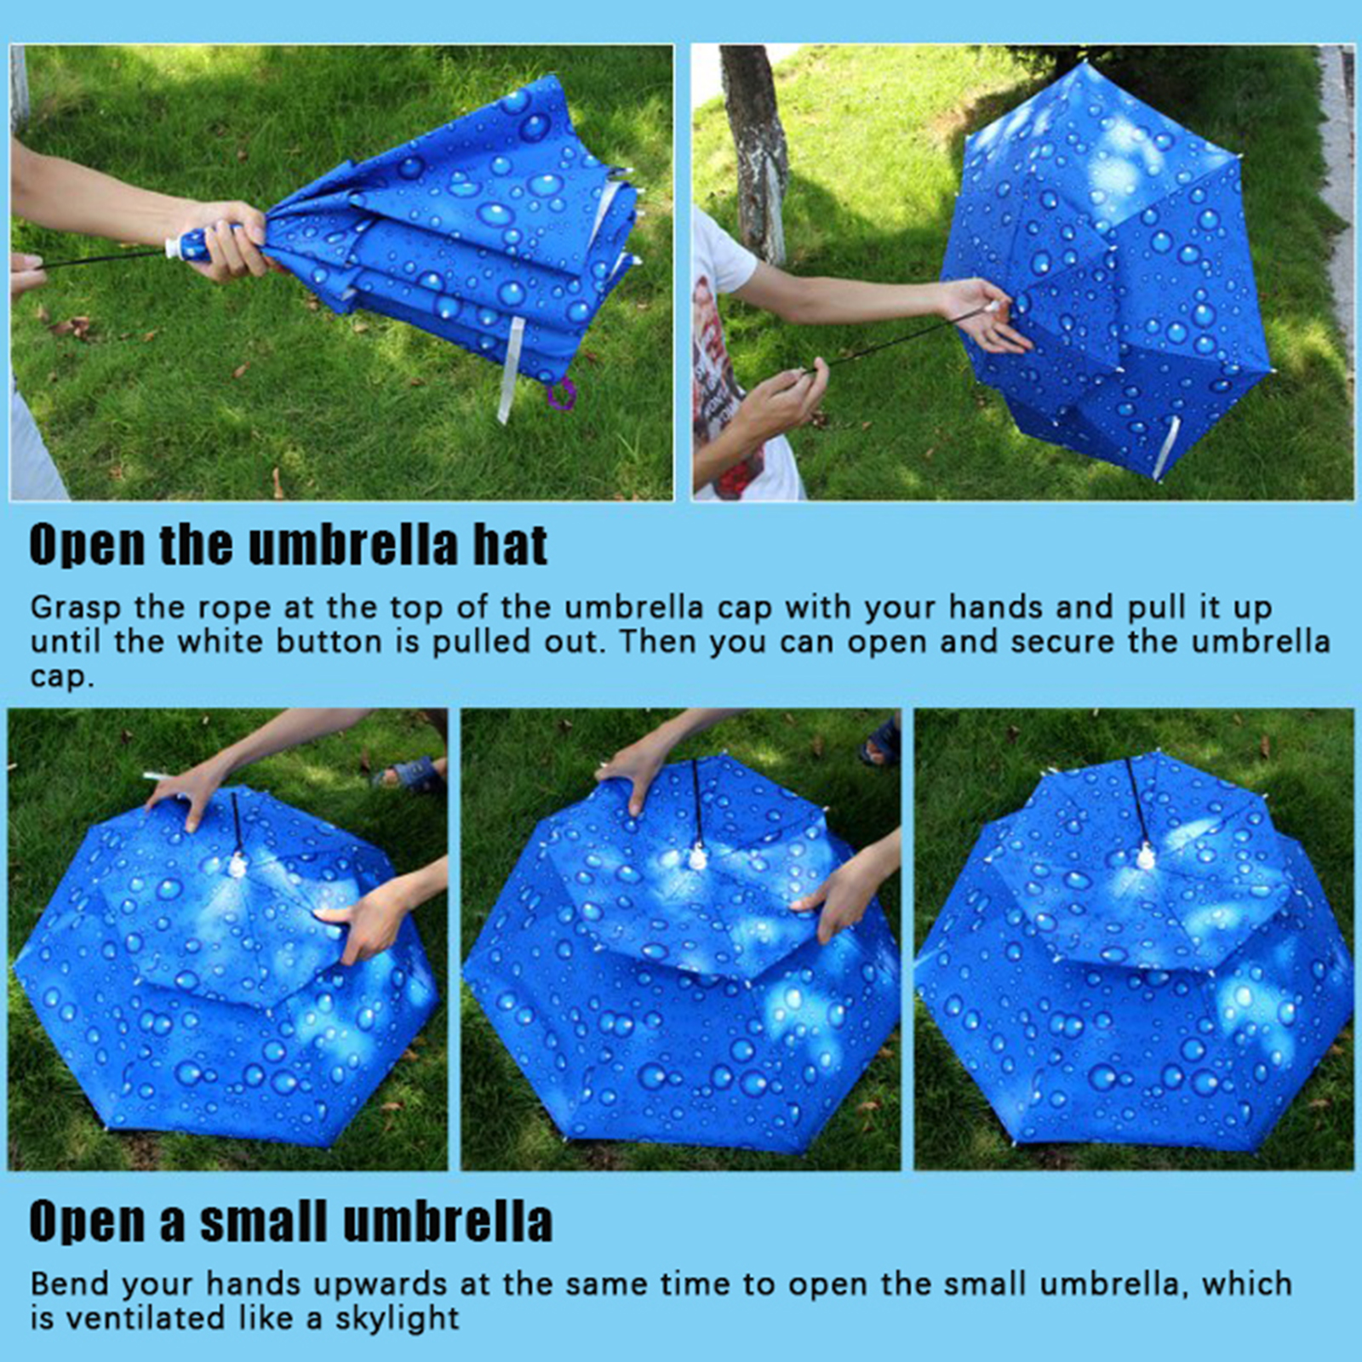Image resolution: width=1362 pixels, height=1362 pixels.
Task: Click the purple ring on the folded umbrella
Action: [562, 394]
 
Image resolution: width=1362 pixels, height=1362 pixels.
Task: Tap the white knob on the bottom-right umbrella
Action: [1145, 857]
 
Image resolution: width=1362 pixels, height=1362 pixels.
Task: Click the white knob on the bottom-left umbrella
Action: [237, 866]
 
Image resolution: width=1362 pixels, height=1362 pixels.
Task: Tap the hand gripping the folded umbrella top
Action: [223, 241]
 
